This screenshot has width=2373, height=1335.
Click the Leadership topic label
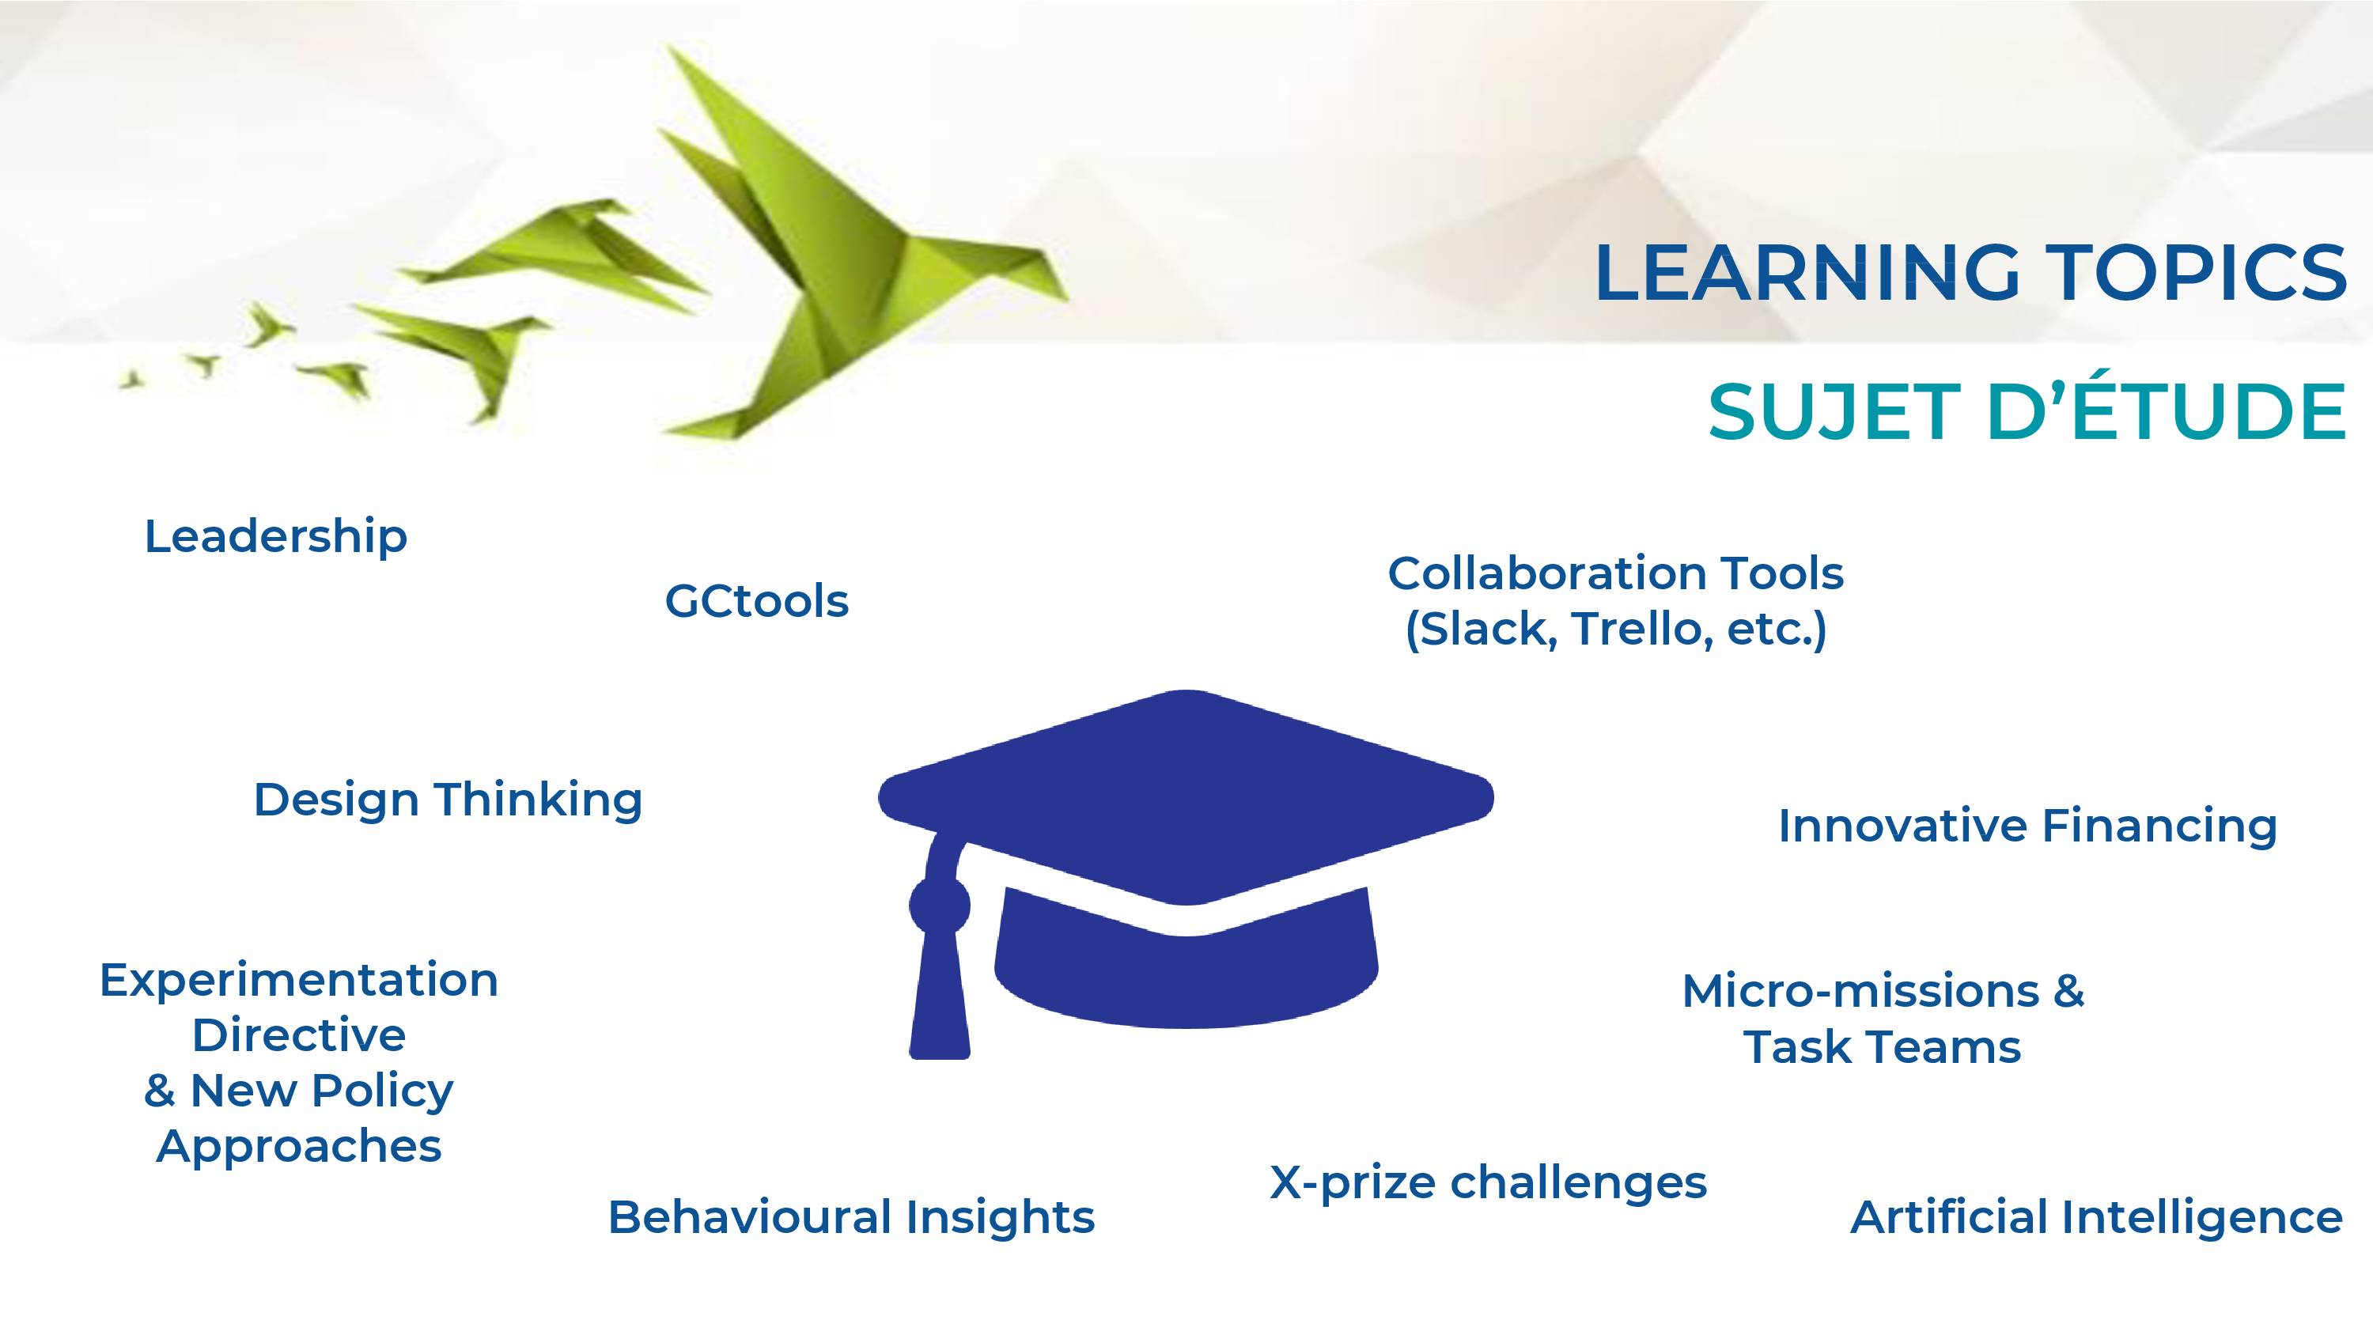point(275,536)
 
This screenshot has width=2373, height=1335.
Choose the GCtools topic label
point(756,601)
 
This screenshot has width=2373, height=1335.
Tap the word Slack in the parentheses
point(1483,630)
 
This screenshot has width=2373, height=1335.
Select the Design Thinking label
point(448,800)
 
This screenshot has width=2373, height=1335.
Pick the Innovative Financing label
point(2027,826)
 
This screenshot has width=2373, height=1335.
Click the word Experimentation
point(298,980)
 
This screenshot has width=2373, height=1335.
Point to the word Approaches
point(299,1147)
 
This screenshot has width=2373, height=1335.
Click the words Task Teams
point(1882,1048)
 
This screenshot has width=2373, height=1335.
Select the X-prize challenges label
point(1488,1183)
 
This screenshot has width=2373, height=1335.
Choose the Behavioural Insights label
point(851,1217)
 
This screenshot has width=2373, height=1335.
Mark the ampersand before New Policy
point(159,1091)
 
